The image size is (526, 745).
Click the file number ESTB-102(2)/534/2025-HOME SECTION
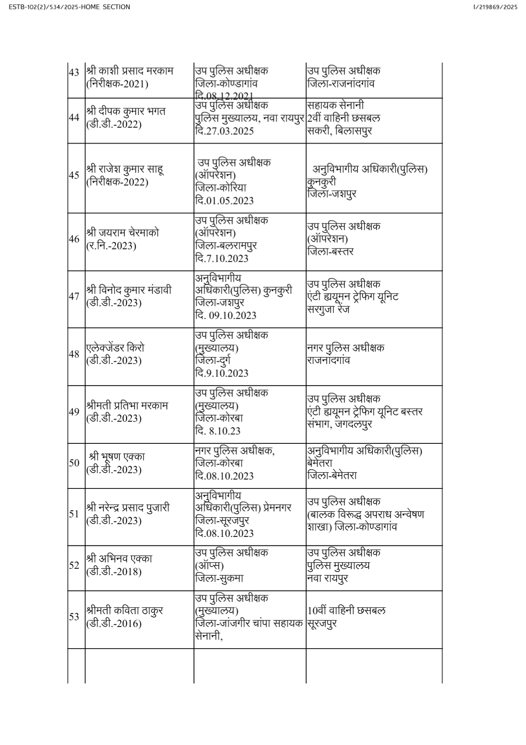click(x=69, y=7)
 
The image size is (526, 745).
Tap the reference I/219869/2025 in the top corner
click(x=495, y=7)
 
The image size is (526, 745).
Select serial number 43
click(x=74, y=72)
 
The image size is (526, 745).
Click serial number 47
click(x=74, y=296)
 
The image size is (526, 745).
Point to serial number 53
click(x=74, y=616)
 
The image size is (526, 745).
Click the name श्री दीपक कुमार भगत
click(x=126, y=111)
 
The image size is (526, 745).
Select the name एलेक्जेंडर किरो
click(x=115, y=347)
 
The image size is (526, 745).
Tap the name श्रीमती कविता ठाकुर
click(x=125, y=610)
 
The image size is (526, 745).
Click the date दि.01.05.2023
click(x=224, y=200)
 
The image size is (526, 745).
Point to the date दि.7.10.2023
click(x=222, y=258)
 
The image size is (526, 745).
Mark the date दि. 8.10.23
click(x=218, y=431)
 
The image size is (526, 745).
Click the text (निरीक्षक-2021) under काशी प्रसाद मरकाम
click(x=117, y=84)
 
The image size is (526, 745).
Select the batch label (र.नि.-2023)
click(x=111, y=246)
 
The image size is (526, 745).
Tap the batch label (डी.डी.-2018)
click(x=114, y=571)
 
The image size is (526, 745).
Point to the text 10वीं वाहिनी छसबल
click(x=347, y=611)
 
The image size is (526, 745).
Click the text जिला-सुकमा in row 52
click(x=219, y=579)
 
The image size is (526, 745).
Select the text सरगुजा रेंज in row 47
click(x=328, y=309)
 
